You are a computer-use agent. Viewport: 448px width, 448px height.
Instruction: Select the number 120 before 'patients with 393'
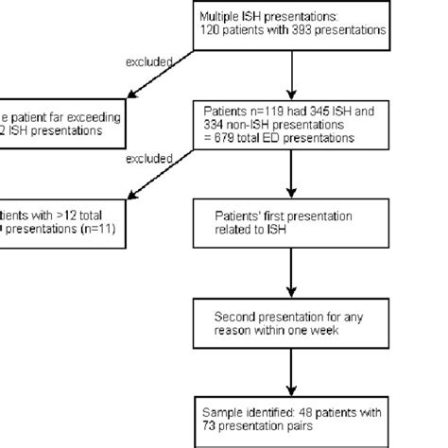pos(210,30)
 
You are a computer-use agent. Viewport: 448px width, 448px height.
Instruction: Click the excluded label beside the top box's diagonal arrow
pos(148,61)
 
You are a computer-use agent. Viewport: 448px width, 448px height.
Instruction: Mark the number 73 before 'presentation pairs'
pos(210,426)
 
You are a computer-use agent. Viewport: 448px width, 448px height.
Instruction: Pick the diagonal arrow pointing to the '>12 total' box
pos(161,180)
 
